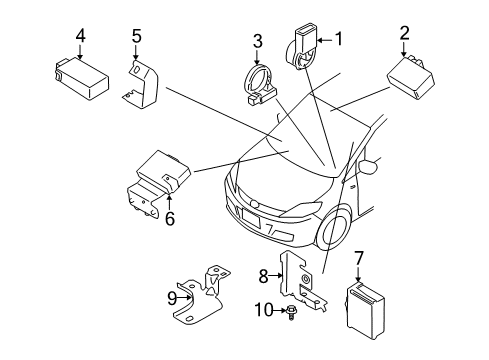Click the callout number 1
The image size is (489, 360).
[x=339, y=39]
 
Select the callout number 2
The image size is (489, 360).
[x=404, y=33]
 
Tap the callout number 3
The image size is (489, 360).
[x=257, y=41]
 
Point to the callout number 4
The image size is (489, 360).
[x=80, y=36]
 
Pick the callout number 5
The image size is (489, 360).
[x=136, y=36]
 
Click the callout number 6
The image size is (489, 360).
[x=170, y=219]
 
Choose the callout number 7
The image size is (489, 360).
[x=358, y=259]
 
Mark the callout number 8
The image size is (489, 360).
[x=263, y=276]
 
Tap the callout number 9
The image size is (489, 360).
[x=172, y=298]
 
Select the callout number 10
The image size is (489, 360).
[x=264, y=310]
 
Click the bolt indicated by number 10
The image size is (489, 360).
[x=291, y=313]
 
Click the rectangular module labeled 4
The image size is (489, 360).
[x=81, y=78]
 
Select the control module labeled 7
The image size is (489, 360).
[x=365, y=310]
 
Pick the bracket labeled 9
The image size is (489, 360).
[x=201, y=294]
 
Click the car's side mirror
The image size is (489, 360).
[x=368, y=166]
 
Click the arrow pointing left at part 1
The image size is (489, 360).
[x=324, y=40]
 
